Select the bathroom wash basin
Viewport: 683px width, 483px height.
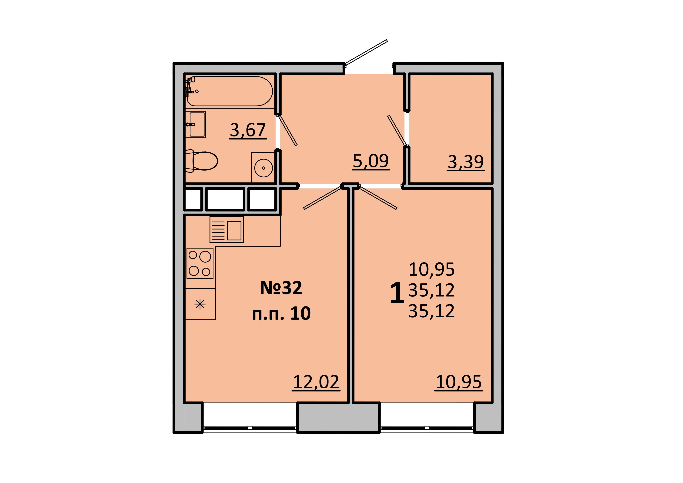(196, 124)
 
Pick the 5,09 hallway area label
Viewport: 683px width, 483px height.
(371, 162)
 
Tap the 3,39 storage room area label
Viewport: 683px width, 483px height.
(466, 162)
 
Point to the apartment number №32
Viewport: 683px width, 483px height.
(281, 288)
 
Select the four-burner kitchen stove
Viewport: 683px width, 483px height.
(200, 263)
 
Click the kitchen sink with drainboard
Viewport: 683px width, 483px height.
(227, 229)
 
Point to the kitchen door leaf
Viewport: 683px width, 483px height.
(322, 197)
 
